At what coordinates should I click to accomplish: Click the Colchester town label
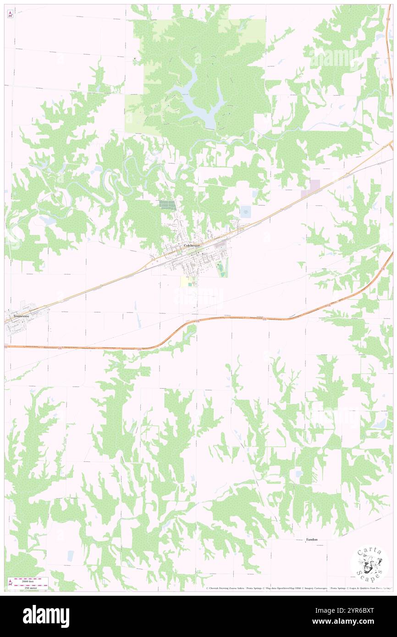pos(192,246)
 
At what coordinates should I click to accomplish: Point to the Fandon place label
pos(312,539)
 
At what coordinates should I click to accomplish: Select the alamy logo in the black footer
pos(46,616)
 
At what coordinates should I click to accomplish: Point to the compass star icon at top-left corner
pos(11,14)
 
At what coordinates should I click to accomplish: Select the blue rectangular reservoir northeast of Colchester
pos(245,212)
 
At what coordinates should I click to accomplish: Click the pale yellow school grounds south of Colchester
pos(187,281)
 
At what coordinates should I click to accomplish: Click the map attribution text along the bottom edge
pos(298,588)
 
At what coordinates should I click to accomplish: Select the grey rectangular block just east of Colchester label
pos(221,246)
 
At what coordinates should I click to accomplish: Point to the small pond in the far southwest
pos(70,555)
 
